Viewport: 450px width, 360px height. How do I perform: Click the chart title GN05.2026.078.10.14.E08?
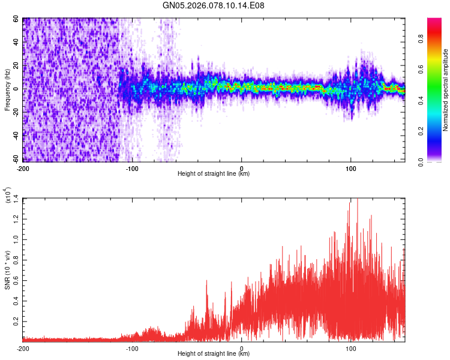click(x=214, y=5)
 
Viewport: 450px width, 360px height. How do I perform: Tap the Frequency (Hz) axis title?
click(x=7, y=89)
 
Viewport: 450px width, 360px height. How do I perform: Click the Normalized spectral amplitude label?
click(x=446, y=90)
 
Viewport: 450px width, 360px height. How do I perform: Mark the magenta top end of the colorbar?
click(x=434, y=21)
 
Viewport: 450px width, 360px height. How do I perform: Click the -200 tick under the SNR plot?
click(x=23, y=348)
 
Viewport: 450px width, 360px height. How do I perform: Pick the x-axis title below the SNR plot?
click(x=214, y=355)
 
